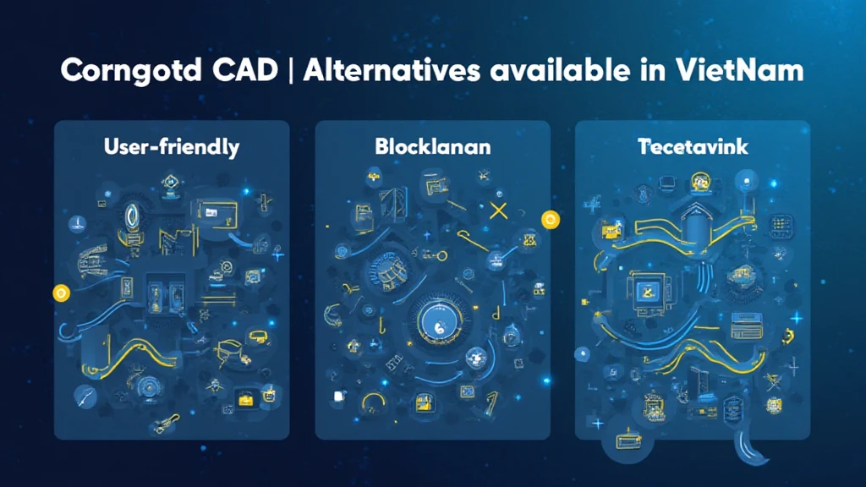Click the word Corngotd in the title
[130, 71]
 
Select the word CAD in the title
[244, 70]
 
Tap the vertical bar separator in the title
[291, 71]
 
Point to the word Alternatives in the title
[391, 70]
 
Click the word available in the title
[560, 70]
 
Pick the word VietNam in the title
[739, 70]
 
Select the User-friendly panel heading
[172, 147]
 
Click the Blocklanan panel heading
[432, 147]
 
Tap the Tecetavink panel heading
[693, 147]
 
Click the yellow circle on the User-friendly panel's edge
[61, 293]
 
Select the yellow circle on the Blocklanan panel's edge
[550, 220]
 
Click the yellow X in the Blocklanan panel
[499, 211]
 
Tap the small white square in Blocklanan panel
[339, 397]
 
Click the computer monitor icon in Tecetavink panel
[645, 292]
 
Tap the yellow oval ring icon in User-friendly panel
[132, 216]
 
